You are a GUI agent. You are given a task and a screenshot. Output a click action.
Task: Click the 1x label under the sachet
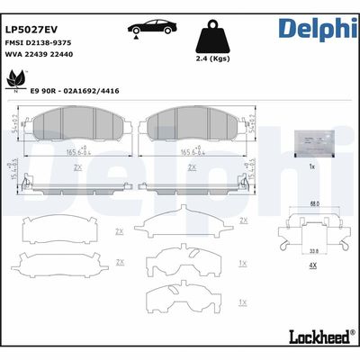(x=311, y=167)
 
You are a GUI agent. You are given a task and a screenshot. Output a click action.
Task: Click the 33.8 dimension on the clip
(x=311, y=252)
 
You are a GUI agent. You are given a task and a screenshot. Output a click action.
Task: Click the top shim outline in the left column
(x=68, y=229)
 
